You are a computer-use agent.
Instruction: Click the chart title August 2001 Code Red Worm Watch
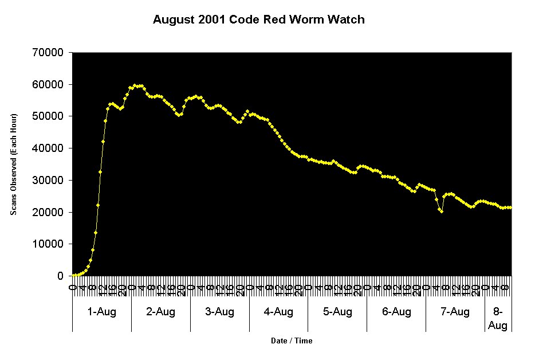[258, 20]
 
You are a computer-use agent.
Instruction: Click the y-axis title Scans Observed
[13, 165]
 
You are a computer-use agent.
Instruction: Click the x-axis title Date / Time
[292, 341]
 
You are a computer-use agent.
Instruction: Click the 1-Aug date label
[101, 312]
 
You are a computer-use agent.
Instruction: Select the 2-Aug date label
[160, 312]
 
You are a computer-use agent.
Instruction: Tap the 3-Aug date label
[219, 312]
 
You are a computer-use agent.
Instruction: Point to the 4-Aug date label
[278, 312]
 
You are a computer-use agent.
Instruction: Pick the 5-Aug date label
[337, 312]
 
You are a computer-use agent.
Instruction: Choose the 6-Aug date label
[396, 312]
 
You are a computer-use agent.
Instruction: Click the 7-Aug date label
[455, 312]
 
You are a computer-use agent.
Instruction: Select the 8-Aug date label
[497, 319]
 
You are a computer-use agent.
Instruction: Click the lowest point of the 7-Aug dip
[442, 212]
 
